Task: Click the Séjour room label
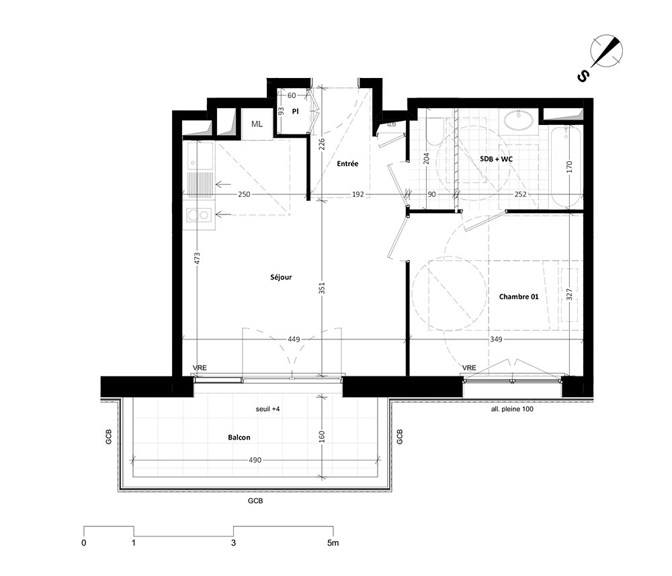point(281,278)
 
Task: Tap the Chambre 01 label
point(519,296)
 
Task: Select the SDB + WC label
point(497,159)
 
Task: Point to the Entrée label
point(347,164)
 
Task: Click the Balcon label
point(239,438)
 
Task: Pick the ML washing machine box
point(257,124)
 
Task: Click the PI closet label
point(295,112)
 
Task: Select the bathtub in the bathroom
point(566,167)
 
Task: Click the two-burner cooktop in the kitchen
point(199,215)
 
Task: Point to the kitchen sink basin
point(200,156)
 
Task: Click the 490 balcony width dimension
point(255,460)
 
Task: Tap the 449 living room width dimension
point(294,339)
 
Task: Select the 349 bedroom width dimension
point(496,339)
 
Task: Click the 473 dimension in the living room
point(197,258)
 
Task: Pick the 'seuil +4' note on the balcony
point(267,409)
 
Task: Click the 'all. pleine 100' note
point(512,409)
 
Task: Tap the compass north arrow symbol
point(606,52)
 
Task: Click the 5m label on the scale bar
point(333,543)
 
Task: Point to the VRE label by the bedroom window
point(469,368)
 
